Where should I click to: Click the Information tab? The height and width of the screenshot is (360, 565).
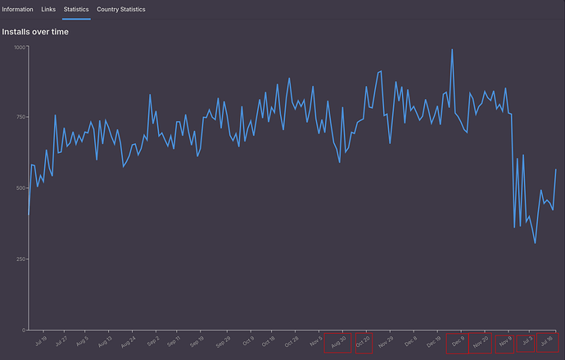17,9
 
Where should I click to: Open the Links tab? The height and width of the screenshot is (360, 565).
48,9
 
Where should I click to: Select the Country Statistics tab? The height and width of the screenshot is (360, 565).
120,9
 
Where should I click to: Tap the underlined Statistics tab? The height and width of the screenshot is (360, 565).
76,9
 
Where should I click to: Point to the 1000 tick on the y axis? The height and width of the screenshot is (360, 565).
20,47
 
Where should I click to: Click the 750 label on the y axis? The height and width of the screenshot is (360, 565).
20,118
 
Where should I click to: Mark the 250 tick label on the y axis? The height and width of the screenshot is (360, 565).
20,259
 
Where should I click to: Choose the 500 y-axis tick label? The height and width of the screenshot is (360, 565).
20,188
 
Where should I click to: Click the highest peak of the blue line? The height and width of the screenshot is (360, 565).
452,50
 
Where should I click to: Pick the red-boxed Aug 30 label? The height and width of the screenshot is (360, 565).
338,342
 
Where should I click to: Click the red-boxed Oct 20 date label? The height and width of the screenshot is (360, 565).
364,342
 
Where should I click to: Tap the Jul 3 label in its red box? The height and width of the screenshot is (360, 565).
526,341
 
